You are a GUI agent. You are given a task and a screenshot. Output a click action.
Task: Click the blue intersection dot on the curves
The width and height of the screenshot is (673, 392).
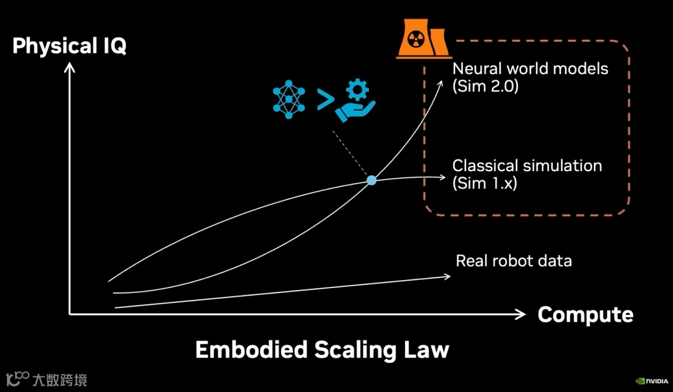click(x=371, y=180)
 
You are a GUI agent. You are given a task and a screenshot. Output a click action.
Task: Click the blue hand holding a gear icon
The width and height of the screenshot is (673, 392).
click(x=355, y=102)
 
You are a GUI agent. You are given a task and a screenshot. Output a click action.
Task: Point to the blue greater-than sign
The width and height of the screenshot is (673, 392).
click(x=324, y=100)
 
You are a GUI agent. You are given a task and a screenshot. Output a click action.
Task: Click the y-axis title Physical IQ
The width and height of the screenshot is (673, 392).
click(x=69, y=46)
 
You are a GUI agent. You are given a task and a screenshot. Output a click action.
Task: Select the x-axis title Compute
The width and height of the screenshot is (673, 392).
click(x=585, y=315)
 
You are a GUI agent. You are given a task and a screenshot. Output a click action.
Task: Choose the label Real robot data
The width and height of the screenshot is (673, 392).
click(x=513, y=261)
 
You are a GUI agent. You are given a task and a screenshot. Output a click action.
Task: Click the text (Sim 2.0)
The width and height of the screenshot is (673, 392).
click(x=485, y=86)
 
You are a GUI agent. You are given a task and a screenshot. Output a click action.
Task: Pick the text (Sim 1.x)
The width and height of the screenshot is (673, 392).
click(x=484, y=184)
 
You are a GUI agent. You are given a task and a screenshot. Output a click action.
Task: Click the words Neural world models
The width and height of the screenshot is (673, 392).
click(x=530, y=68)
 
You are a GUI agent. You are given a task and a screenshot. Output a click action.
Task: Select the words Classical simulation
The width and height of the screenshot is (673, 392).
click(x=527, y=166)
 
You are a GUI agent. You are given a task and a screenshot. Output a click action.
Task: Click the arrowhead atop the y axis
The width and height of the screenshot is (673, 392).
click(x=70, y=65)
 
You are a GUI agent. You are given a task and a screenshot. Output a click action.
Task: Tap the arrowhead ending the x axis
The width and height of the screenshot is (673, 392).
click(x=522, y=315)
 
